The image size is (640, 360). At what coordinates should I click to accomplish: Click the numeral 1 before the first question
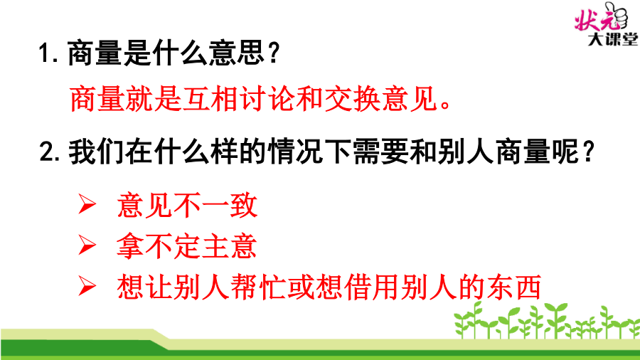tap(43, 53)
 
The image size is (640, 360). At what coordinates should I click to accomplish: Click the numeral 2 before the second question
tap(46, 152)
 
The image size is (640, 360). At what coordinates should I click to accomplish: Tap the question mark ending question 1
tap(274, 53)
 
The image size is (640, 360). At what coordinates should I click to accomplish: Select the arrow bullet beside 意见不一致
tap(87, 204)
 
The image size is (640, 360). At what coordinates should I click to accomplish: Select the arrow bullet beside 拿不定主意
tap(87, 245)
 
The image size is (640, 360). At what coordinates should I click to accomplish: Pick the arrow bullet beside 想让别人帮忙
tap(87, 286)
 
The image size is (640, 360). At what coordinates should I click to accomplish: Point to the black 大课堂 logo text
tap(612, 39)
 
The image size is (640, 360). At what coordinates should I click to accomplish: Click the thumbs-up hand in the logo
tap(617, 16)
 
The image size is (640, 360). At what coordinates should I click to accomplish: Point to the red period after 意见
tap(445, 105)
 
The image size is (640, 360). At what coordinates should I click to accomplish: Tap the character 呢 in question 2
tap(566, 152)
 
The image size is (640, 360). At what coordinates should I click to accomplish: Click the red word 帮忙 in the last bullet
tap(258, 287)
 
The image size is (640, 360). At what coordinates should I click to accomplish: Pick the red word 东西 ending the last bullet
tap(514, 287)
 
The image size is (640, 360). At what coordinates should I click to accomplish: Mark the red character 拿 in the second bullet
tap(130, 245)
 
